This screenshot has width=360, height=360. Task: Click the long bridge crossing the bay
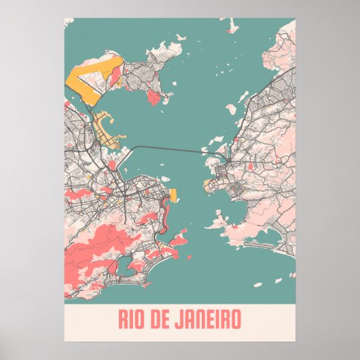click(170, 147)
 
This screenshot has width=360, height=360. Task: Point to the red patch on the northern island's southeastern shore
click(155, 98)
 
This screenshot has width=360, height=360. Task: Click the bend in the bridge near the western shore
click(136, 147)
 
